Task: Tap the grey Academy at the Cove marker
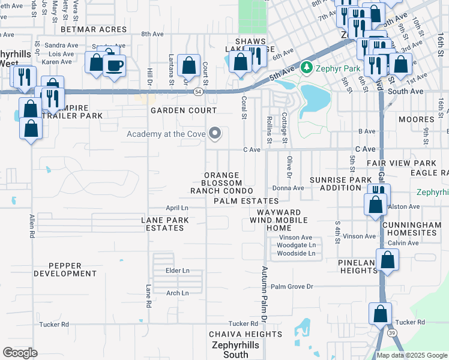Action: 214,134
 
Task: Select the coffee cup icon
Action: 114,64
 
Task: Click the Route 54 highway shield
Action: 197,91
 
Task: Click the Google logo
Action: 20,352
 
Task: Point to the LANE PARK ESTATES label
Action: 165,224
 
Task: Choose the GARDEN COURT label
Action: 183,111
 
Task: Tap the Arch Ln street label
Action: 177,293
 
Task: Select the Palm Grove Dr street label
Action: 292,287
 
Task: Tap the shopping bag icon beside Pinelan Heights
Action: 388,260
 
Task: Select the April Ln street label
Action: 177,208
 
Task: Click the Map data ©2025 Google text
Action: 412,355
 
